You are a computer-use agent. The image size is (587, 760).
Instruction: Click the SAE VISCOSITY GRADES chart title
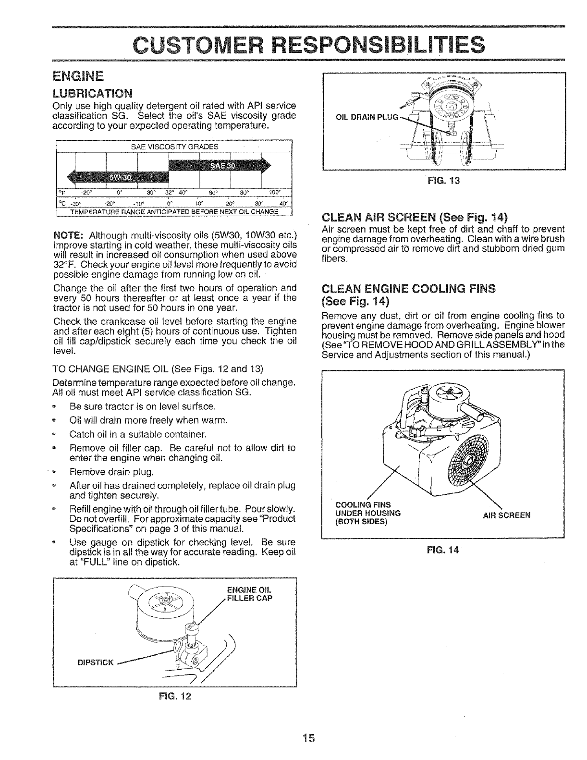[174, 147]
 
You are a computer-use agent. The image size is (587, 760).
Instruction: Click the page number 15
[307, 737]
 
